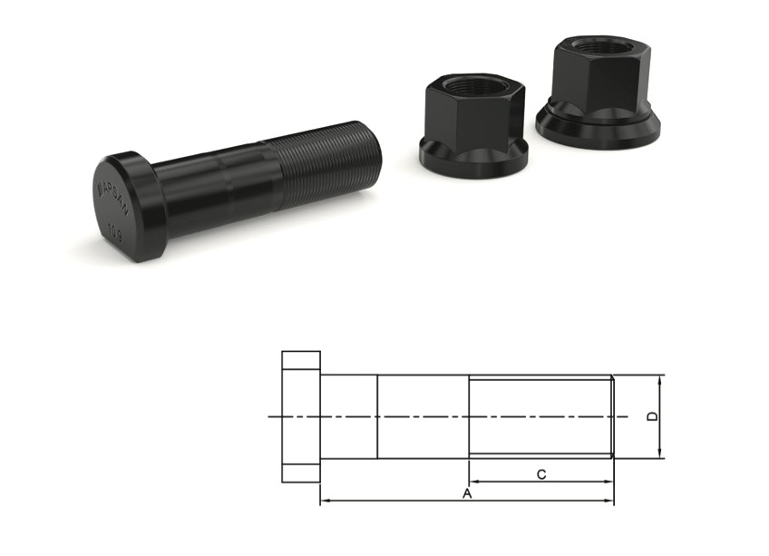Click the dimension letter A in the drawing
click(467, 494)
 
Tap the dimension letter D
click(651, 416)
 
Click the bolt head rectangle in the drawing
click(301, 416)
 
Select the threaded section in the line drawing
click(540, 416)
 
